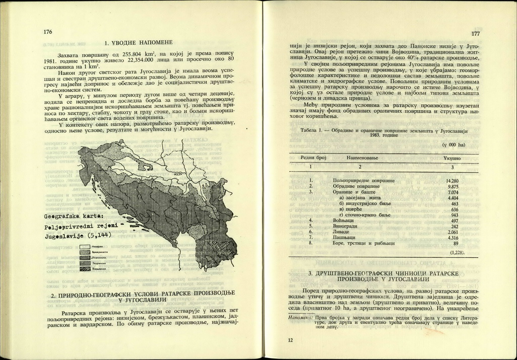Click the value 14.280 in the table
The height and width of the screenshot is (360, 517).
click(x=452, y=180)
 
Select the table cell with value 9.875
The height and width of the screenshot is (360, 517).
click(x=453, y=186)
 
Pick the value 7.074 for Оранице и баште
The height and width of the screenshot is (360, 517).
click(x=453, y=192)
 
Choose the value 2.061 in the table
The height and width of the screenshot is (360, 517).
click(x=453, y=232)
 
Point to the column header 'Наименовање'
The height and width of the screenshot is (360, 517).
click(x=362, y=158)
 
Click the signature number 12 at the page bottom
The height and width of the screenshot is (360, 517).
click(x=291, y=340)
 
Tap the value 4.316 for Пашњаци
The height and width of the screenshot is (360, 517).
click(x=453, y=238)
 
